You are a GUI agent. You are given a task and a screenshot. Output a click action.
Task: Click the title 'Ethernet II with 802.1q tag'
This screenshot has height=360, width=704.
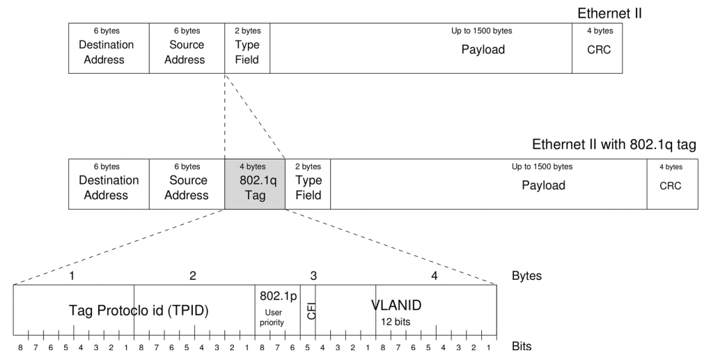[614, 145]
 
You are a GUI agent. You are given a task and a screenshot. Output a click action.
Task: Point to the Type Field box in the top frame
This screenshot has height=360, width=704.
[247, 48]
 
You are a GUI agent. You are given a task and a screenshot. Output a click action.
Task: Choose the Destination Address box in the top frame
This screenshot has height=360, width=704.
[109, 48]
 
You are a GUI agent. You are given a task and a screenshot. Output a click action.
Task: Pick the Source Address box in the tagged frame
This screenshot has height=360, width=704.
[187, 185]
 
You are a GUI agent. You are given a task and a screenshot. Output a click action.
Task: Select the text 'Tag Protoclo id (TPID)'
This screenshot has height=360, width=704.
[139, 309]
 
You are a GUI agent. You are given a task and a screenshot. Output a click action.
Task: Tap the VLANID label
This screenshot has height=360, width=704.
[396, 304]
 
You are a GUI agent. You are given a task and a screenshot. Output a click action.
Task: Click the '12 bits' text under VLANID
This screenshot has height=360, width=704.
[396, 322]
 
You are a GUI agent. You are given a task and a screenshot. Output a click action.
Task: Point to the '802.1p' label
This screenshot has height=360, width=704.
[279, 295]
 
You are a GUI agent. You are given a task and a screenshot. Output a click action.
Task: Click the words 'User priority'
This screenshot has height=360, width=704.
[272, 318]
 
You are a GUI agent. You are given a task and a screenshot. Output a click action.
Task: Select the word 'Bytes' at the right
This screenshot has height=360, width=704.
[526, 276]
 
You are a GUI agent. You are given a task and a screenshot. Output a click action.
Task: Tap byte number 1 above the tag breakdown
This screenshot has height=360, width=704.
[72, 276]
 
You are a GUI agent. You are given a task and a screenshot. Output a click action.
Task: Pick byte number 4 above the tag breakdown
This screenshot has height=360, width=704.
[435, 276]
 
